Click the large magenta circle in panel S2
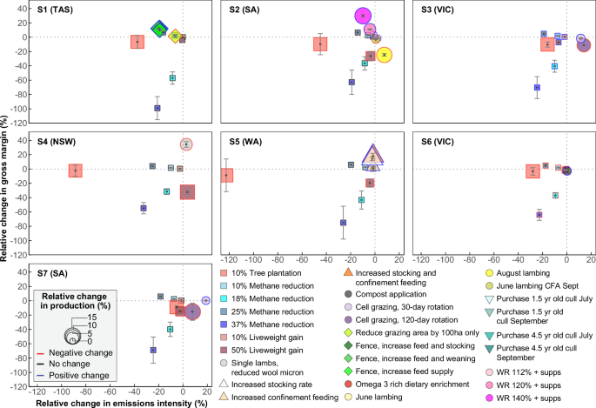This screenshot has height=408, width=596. [364, 16]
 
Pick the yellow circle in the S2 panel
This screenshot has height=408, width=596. [385, 54]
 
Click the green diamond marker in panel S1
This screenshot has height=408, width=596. [159, 30]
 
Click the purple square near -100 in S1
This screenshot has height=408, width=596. [157, 108]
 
